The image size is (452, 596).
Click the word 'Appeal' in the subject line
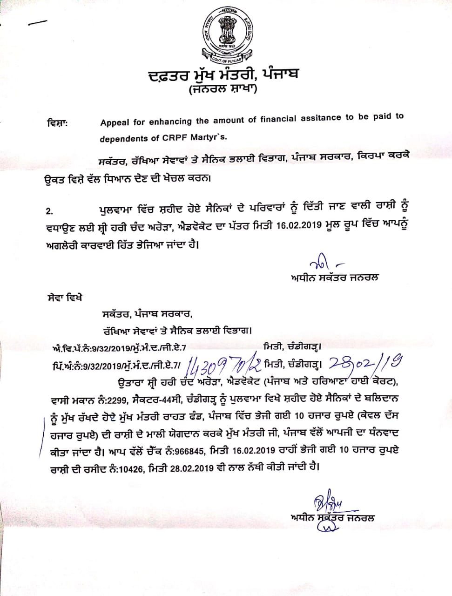pos(115,123)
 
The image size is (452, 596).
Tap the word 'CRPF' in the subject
pos(173,138)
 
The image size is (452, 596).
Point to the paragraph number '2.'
pos(49,211)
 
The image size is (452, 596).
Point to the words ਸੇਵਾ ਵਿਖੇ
pos(65,297)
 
